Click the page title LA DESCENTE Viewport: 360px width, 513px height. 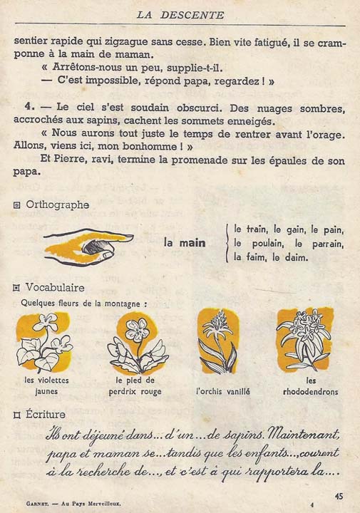pos(180,14)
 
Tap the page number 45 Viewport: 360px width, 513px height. pos(339,496)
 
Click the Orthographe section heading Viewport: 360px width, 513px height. pos(57,204)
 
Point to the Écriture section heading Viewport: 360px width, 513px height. pos(46,414)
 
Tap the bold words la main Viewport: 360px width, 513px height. pos(185,243)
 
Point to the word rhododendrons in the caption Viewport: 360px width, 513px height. pos(310,391)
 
